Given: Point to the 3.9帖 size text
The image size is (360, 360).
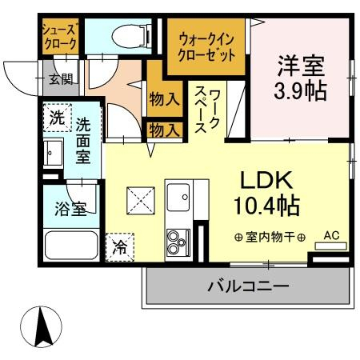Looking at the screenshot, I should tap(302, 88).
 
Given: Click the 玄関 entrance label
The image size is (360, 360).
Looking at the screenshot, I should tap(59, 80).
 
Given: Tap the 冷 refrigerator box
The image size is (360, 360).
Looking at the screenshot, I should tap(119, 246).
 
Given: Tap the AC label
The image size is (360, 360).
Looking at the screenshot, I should tap(331, 235).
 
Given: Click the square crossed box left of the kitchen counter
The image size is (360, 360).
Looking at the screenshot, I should tap(142, 200).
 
